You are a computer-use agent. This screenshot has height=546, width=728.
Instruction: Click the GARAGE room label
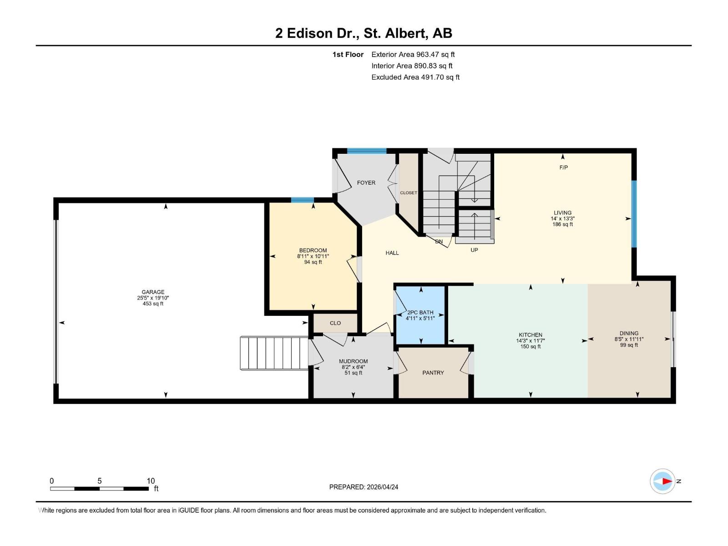153,292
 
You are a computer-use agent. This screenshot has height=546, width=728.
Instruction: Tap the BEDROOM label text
313,250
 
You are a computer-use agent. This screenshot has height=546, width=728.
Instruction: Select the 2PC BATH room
420,315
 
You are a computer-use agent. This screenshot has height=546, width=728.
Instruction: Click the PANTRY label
433,373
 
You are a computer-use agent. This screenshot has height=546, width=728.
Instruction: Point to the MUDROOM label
353,361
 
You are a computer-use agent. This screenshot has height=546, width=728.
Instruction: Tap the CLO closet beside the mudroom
335,323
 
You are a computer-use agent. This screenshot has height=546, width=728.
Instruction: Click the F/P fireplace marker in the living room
563,167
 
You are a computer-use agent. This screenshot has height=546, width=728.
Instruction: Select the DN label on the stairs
439,242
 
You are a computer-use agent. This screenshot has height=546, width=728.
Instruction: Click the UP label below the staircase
474,250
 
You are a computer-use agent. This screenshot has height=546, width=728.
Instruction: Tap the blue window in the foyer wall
367,151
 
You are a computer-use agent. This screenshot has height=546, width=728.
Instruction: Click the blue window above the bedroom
303,200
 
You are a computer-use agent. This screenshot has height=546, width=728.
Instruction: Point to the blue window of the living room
634,214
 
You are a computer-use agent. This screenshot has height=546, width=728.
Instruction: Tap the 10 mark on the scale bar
151,481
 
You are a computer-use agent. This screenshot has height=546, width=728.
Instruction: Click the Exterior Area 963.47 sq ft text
413,54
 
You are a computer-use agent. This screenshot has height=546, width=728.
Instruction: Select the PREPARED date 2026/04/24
364,487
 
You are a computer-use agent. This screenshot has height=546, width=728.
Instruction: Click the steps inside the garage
274,353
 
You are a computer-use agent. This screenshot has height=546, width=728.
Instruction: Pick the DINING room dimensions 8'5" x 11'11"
629,339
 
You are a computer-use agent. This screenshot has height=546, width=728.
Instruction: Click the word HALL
392,253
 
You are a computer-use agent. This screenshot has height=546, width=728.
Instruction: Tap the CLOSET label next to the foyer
408,193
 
